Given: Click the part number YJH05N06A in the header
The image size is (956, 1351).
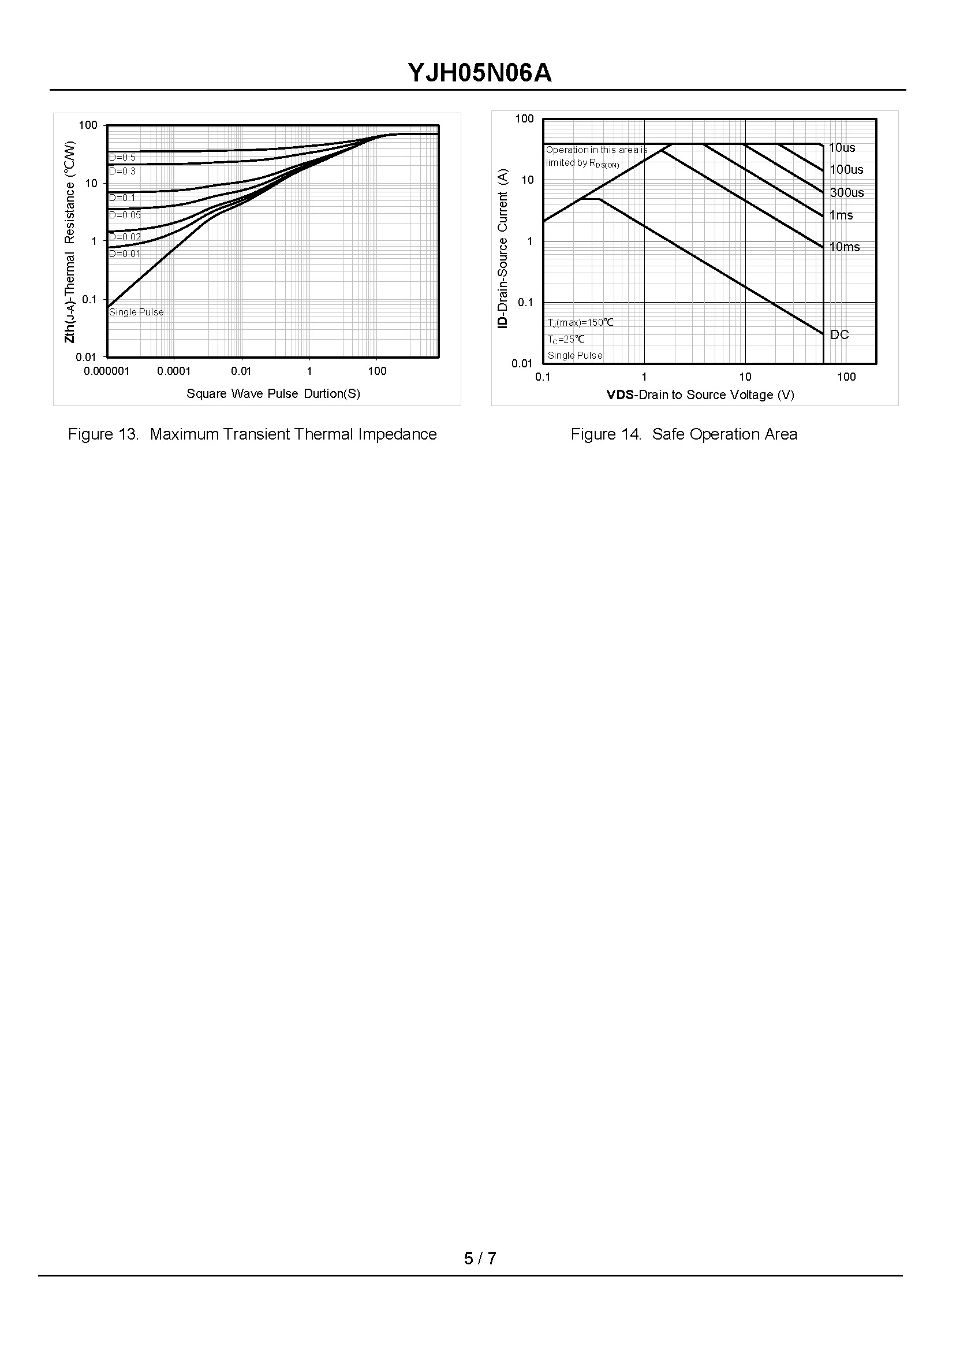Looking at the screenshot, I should (x=480, y=73).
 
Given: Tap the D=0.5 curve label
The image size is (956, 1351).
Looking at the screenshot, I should (x=122, y=157).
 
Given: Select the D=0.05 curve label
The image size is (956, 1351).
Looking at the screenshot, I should (x=125, y=215).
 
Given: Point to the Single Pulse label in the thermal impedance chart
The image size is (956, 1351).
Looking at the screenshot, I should (x=136, y=312).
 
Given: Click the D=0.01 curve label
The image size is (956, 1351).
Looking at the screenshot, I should (x=125, y=254).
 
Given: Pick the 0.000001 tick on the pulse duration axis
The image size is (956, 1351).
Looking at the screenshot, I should (x=107, y=371).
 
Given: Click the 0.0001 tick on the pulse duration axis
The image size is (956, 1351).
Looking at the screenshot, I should (x=174, y=371).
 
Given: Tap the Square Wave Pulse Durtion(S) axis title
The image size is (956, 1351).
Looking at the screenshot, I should (x=273, y=393).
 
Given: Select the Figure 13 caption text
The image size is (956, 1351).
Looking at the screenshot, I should (x=252, y=434).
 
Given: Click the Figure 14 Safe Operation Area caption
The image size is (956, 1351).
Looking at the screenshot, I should (x=684, y=434).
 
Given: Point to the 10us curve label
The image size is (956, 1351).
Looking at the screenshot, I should (x=842, y=148).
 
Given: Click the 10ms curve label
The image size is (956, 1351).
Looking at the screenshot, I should (x=845, y=247).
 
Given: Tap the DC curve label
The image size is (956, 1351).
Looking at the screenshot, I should (x=839, y=334).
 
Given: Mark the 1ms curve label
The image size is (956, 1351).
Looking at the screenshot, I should (x=841, y=215).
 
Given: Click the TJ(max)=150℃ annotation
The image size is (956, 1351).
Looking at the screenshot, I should (x=580, y=323).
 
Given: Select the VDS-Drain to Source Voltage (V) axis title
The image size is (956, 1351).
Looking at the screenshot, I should (x=700, y=394).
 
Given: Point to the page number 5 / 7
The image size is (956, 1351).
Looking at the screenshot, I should (x=480, y=1259).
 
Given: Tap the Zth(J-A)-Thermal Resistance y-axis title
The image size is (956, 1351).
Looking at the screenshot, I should (x=70, y=241).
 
